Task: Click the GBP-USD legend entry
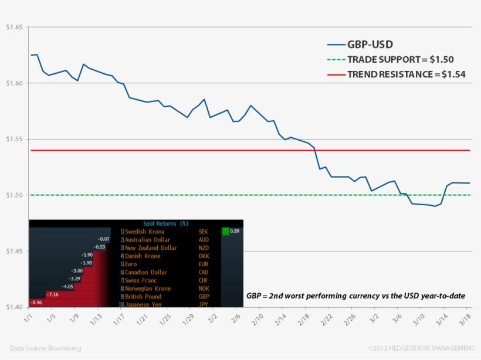pyautogui.click(x=370, y=45)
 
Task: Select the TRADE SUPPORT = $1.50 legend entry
pyautogui.click(x=400, y=59)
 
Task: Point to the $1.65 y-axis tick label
pyautogui.click(x=14, y=28)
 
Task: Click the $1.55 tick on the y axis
pyautogui.click(x=14, y=140)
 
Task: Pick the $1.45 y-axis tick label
pyautogui.click(x=14, y=252)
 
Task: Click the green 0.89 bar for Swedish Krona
pyautogui.click(x=226, y=232)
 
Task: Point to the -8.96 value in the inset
pyautogui.click(x=36, y=303)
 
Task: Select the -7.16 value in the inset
pyautogui.click(x=52, y=294)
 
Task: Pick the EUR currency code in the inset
pyautogui.click(x=204, y=264)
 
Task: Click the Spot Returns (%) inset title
pyautogui.click(x=166, y=223)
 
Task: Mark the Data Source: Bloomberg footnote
pyautogui.click(x=46, y=348)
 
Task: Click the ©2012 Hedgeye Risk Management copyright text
pyautogui.click(x=421, y=348)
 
